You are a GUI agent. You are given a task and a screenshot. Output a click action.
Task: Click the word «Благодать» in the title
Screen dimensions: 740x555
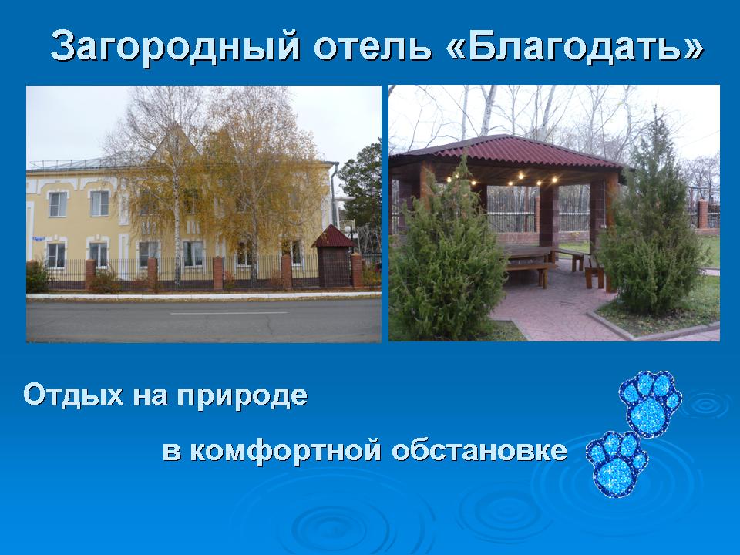pyautogui.click(x=574, y=46)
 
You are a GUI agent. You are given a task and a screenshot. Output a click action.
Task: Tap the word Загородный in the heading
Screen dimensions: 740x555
pyautogui.click(x=175, y=46)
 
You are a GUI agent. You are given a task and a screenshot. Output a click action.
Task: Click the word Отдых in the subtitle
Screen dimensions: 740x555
pyautogui.click(x=74, y=395)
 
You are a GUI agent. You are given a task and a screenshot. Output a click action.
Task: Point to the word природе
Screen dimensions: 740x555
pyautogui.click(x=242, y=396)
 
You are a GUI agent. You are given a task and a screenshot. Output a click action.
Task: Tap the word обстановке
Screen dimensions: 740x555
pyautogui.click(x=479, y=449)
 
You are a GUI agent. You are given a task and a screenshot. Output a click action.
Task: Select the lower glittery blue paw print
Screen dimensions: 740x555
pyautogui.click(x=617, y=463)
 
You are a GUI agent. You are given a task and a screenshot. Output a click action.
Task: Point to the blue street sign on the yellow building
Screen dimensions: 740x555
pyautogui.click(x=39, y=239)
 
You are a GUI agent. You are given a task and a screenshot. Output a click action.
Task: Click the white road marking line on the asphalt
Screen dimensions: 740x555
pyautogui.click(x=228, y=313)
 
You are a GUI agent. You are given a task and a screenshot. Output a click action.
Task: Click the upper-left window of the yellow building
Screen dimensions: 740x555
pyautogui.click(x=58, y=203)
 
